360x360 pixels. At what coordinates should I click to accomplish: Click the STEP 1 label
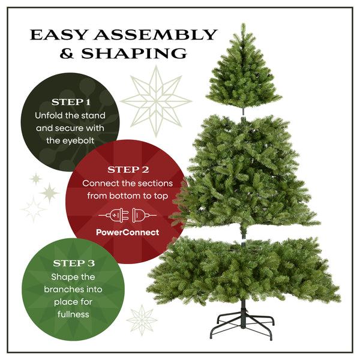[x=71, y=101]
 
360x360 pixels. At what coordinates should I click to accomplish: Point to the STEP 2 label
[x=127, y=169]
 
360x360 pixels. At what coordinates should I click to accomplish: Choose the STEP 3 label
[x=73, y=263]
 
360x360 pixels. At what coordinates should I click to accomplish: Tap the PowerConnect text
[x=127, y=232]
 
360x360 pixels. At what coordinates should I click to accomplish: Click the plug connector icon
[x=127, y=214]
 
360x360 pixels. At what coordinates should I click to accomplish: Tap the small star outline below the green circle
[x=142, y=319]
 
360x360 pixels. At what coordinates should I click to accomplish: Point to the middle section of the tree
[x=243, y=174]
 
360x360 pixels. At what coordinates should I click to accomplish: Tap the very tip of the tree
[x=243, y=25]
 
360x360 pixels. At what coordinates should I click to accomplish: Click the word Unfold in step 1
[x=49, y=115]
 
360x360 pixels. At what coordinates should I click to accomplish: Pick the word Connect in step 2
[x=98, y=182]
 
